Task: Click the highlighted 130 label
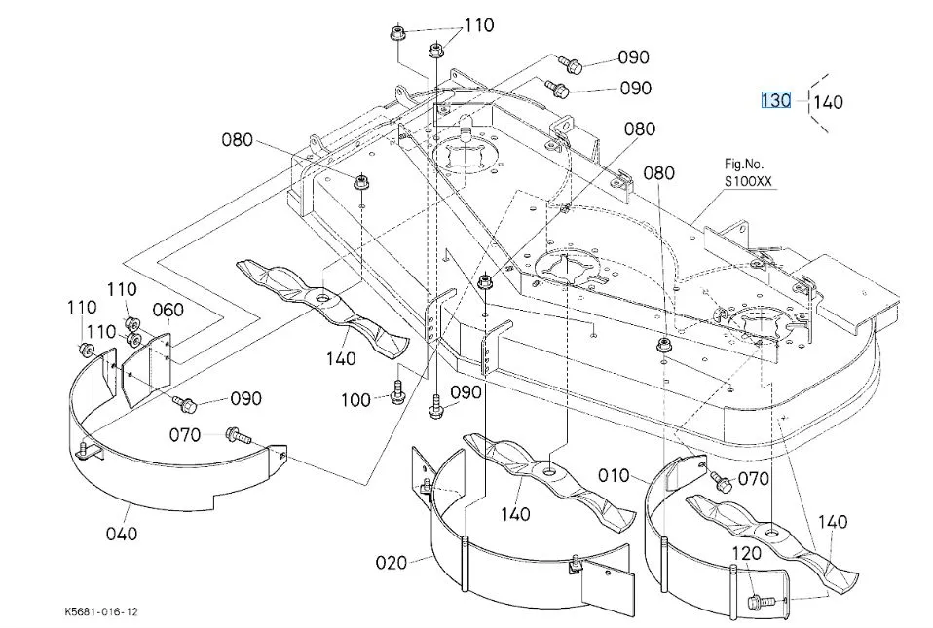776,100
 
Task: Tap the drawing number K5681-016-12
101,611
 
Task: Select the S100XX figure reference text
747,181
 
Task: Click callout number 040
122,534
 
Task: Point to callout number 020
392,562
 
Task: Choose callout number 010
614,475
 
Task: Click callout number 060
168,310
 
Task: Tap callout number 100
355,399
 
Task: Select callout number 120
746,554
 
